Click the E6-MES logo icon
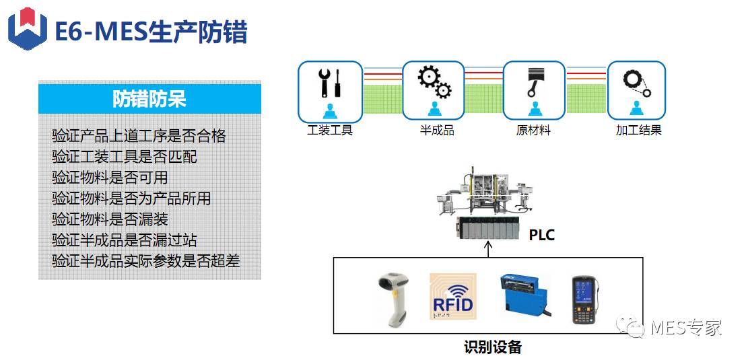[x=27, y=29]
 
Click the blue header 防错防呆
[x=149, y=100]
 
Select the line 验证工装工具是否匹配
[x=125, y=157]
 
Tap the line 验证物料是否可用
[x=110, y=178]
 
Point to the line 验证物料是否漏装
[x=110, y=219]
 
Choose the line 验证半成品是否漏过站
[x=125, y=240]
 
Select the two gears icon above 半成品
[x=434, y=81]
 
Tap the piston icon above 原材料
[x=535, y=82]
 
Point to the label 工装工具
[x=330, y=131]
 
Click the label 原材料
[x=533, y=131]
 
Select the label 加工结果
[x=638, y=131]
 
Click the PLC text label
[x=541, y=236]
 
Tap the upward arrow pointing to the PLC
[x=489, y=248]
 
